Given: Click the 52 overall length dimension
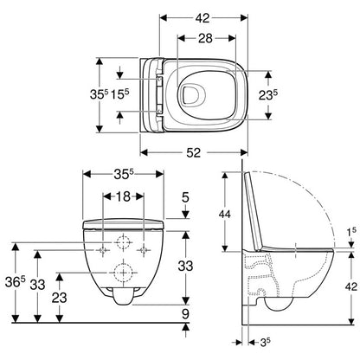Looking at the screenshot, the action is (193, 152).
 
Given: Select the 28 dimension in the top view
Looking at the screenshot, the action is (205, 38).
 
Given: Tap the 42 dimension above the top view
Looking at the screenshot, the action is (202, 18).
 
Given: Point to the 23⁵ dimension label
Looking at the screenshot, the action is (268, 94).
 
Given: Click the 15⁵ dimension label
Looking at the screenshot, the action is (120, 94).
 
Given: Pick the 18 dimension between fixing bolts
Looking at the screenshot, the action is (123, 196).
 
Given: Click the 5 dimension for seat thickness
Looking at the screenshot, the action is (185, 197).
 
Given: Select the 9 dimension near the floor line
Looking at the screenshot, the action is (185, 313).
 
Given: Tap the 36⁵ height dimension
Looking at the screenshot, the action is (16, 281).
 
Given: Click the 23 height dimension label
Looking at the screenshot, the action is (60, 298).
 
